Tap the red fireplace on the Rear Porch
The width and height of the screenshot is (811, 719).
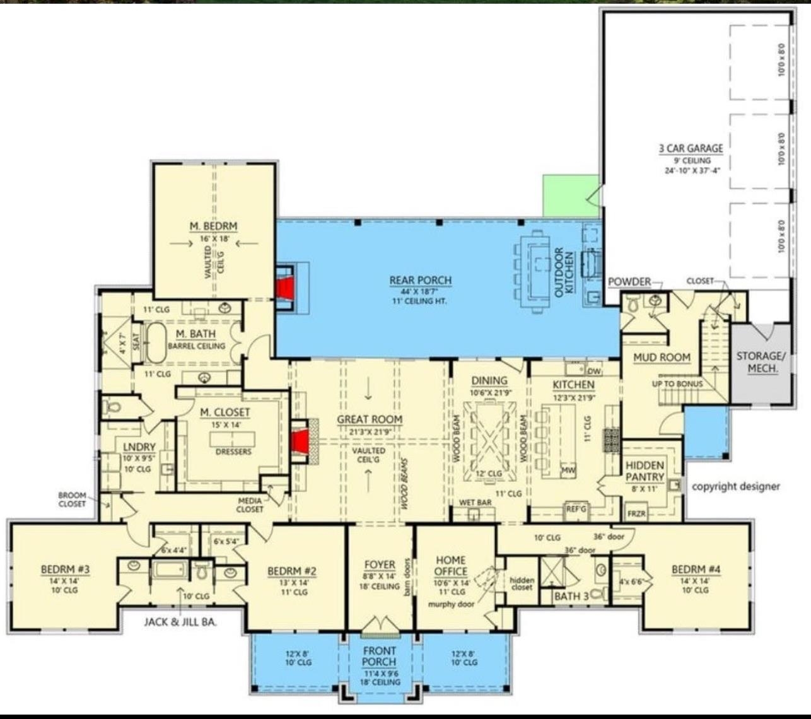pos(287,288)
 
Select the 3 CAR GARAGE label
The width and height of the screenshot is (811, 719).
pos(691,149)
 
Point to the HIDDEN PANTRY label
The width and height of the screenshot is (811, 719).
pos(645,471)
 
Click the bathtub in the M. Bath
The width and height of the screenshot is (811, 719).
pos(156,342)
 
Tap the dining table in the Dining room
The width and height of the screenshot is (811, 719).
pos(489,441)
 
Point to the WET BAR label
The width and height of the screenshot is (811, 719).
pos(476,503)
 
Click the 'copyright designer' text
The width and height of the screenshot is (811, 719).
pos(735,486)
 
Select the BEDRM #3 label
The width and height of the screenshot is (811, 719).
pos(66,570)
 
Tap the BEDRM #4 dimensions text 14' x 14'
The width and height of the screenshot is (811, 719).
pos(696,580)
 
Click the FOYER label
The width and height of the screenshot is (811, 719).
pos(380,564)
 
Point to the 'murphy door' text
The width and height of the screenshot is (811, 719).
pos(451,604)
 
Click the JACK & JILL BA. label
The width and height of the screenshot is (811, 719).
pos(180,622)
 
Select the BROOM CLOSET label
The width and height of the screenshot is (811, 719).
pos(73,500)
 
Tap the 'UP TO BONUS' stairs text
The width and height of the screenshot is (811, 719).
pos(677,384)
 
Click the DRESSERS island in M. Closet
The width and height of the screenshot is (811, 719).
pos(233,441)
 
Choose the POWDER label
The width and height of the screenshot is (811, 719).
pos(629,281)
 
